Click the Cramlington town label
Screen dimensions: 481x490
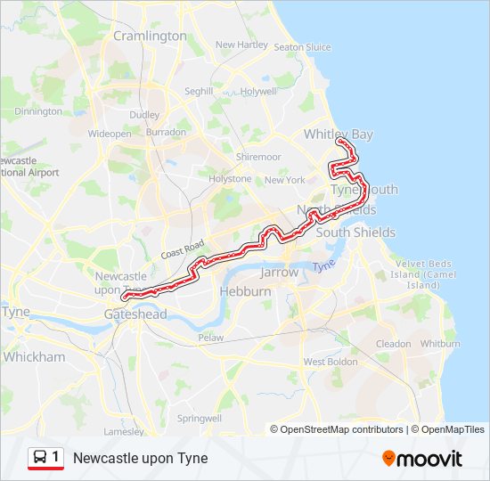coord(150,36)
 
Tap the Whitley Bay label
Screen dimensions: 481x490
coord(338,135)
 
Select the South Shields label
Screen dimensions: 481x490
coord(355,232)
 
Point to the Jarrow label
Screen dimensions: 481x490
coord(280,273)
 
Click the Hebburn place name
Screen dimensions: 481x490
coord(245,291)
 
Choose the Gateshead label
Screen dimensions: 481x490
coord(135,314)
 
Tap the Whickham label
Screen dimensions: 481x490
coord(34,356)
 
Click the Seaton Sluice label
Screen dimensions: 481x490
coord(303,47)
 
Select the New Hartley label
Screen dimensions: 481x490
coord(241,45)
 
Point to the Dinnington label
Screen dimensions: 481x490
coord(38,111)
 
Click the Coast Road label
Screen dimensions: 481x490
coord(183,249)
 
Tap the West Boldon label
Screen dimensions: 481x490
coord(326,362)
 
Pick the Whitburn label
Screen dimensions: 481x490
coord(440,343)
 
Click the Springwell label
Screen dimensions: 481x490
coord(200,418)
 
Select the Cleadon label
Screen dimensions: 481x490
coord(393,343)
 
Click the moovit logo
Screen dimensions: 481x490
coord(422,459)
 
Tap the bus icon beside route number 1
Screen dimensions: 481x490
coord(40,458)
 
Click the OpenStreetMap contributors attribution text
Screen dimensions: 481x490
coord(340,429)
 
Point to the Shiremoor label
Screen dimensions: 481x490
coord(258,156)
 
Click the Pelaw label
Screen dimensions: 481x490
coord(210,338)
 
